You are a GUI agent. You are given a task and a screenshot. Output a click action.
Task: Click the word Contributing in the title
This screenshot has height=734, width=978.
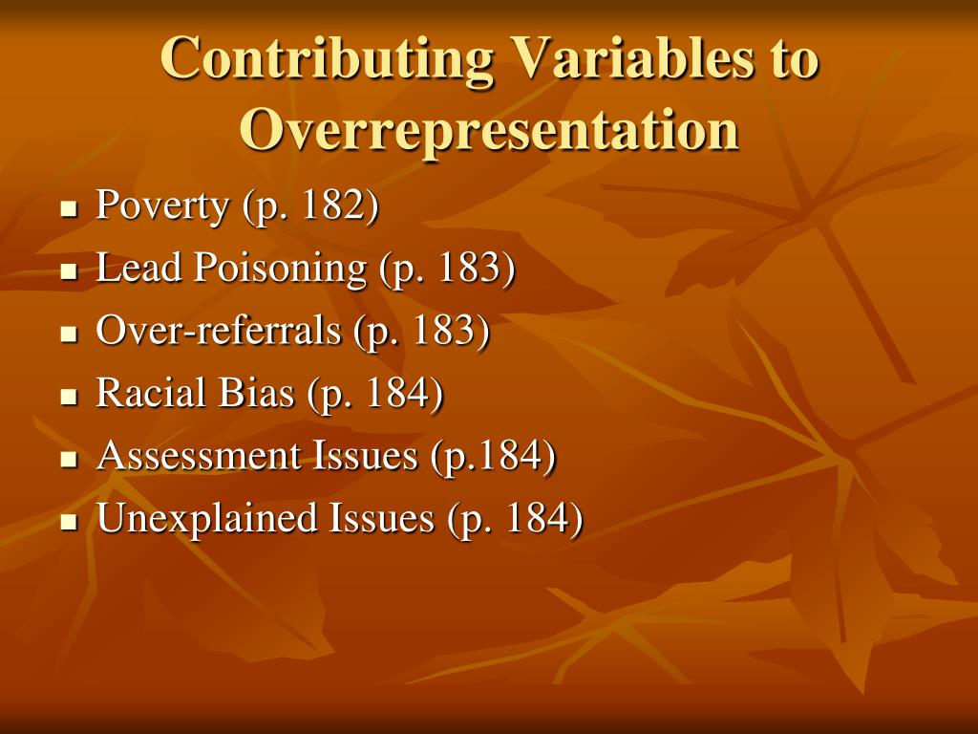327,59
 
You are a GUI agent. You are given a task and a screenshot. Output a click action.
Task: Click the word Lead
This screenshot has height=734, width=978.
139,269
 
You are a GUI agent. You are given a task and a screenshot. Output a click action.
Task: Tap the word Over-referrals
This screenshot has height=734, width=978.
219,331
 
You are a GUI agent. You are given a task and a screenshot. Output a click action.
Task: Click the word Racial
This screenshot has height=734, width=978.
149,393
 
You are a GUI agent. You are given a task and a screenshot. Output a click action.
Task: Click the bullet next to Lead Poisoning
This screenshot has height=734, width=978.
68,271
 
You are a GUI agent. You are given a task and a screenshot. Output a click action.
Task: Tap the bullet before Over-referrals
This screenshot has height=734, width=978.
68,334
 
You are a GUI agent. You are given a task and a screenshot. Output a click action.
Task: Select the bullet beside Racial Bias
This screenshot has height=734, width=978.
68,397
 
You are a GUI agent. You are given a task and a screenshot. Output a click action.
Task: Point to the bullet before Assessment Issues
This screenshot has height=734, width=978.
68,459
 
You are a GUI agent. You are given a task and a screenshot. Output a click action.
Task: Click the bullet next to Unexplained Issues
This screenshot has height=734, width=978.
68,522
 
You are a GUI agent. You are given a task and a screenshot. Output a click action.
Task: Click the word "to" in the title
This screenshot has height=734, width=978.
793,59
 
